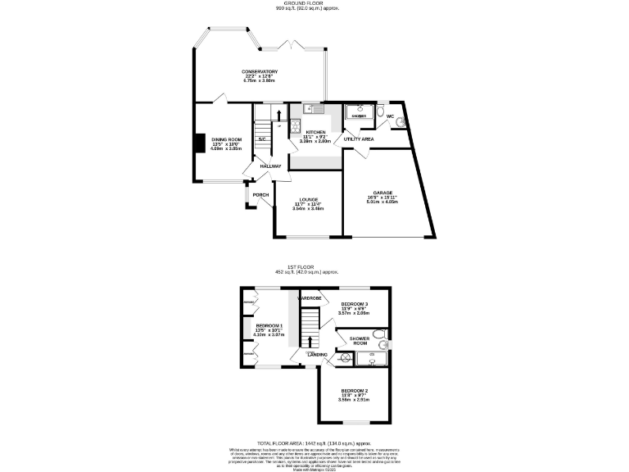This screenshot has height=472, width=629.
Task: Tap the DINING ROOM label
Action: (227, 140)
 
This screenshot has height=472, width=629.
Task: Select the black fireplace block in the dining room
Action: (198, 143)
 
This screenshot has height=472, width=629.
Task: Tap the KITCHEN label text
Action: (315, 132)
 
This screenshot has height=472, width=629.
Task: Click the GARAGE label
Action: (383, 193)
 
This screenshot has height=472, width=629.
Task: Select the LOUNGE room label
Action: (308, 199)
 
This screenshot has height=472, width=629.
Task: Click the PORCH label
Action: (260, 194)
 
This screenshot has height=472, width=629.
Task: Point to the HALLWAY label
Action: (270, 166)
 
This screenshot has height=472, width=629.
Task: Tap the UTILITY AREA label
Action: (359, 139)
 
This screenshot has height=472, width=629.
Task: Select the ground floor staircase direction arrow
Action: (278, 115)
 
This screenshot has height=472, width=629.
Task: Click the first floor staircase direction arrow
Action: (310, 340)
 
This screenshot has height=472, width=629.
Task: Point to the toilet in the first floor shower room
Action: (385, 344)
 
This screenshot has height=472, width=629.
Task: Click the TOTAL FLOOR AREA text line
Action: (315, 442)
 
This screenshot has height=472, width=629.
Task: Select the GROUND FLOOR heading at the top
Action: (314, 3)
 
